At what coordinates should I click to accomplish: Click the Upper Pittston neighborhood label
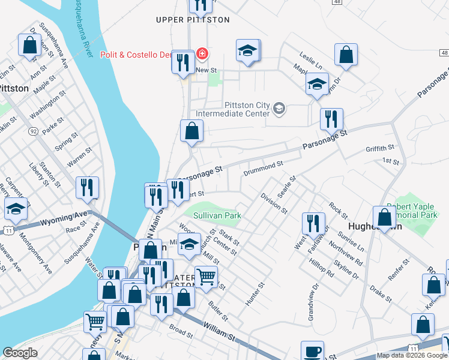pyautogui.click(x=192, y=20)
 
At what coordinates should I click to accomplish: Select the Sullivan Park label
pyautogui.click(x=217, y=215)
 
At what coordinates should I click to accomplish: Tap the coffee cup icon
pyautogui.click(x=312, y=352)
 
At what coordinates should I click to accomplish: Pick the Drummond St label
pyautogui.click(x=262, y=168)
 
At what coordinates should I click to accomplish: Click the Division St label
pyautogui.click(x=274, y=203)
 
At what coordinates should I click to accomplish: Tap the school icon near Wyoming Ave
pyautogui.click(x=16, y=209)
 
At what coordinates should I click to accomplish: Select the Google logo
pyautogui.click(x=20, y=353)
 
